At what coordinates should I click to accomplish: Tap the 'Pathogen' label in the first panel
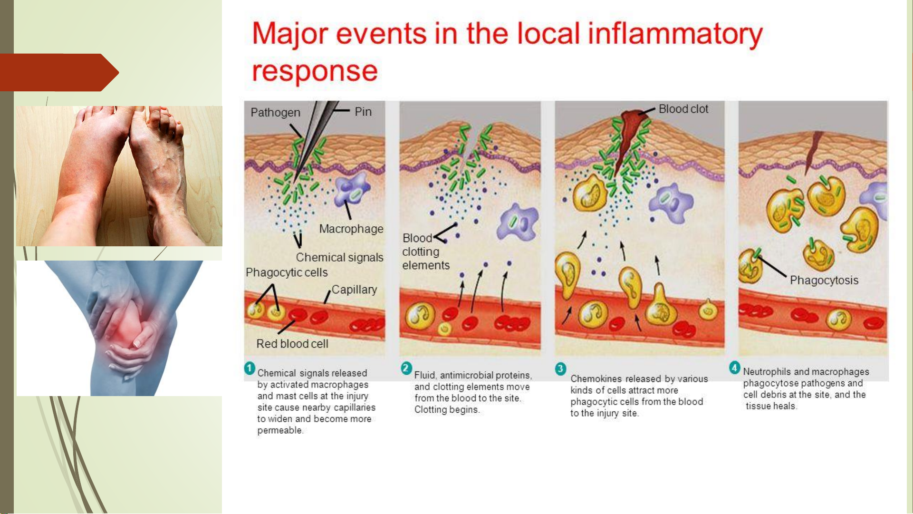(x=275, y=113)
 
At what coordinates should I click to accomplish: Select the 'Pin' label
(x=363, y=112)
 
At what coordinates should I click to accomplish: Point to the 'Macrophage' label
(x=351, y=229)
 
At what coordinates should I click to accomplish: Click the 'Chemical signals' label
(x=339, y=258)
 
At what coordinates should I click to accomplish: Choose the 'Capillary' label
(x=354, y=290)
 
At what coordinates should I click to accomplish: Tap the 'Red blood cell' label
(x=292, y=344)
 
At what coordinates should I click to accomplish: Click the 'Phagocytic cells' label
(x=287, y=272)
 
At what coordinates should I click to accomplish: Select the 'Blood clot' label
(x=683, y=109)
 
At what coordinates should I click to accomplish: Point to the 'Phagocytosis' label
(x=824, y=281)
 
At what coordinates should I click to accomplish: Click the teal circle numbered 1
(x=250, y=369)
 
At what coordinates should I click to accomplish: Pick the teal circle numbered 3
(x=561, y=369)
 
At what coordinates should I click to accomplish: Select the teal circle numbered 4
(x=735, y=368)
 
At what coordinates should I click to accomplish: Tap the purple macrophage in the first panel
(x=352, y=190)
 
